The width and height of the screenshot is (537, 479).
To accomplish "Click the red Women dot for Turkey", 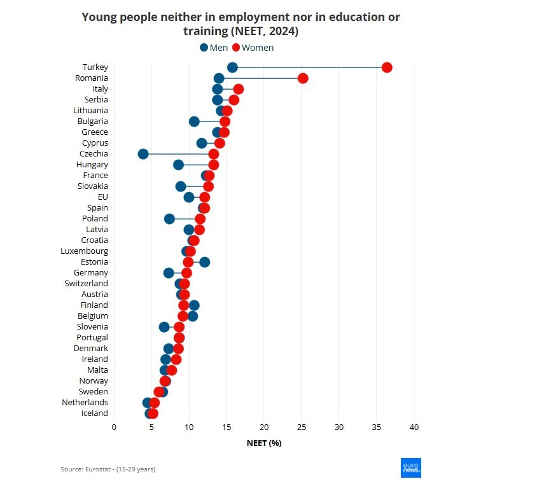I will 387,67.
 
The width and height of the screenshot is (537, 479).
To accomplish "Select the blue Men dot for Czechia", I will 143,154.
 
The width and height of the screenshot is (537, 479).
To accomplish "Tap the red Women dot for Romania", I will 303,78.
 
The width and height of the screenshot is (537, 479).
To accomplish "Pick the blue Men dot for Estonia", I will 204,262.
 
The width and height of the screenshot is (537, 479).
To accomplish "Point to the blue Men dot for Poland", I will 169,219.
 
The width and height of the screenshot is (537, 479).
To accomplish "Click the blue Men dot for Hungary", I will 178,165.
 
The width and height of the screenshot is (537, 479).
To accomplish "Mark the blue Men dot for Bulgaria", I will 194,121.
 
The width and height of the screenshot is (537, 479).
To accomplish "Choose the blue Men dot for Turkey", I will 232,67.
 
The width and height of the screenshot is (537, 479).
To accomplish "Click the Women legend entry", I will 253,48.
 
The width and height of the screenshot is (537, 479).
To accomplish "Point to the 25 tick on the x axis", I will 302,426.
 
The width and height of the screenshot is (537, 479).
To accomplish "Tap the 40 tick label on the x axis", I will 414,426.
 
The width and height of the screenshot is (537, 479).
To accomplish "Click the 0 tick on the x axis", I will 114,426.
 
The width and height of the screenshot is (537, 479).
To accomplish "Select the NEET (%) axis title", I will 264,443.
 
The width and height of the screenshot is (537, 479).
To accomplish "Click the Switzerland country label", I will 86,283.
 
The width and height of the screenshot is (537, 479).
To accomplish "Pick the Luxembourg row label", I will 84,251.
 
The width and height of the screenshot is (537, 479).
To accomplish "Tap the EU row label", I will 102,197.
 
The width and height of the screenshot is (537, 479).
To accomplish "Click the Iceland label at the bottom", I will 94,413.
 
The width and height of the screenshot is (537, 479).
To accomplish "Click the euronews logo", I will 410,468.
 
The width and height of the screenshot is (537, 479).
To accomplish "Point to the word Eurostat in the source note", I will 99,469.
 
